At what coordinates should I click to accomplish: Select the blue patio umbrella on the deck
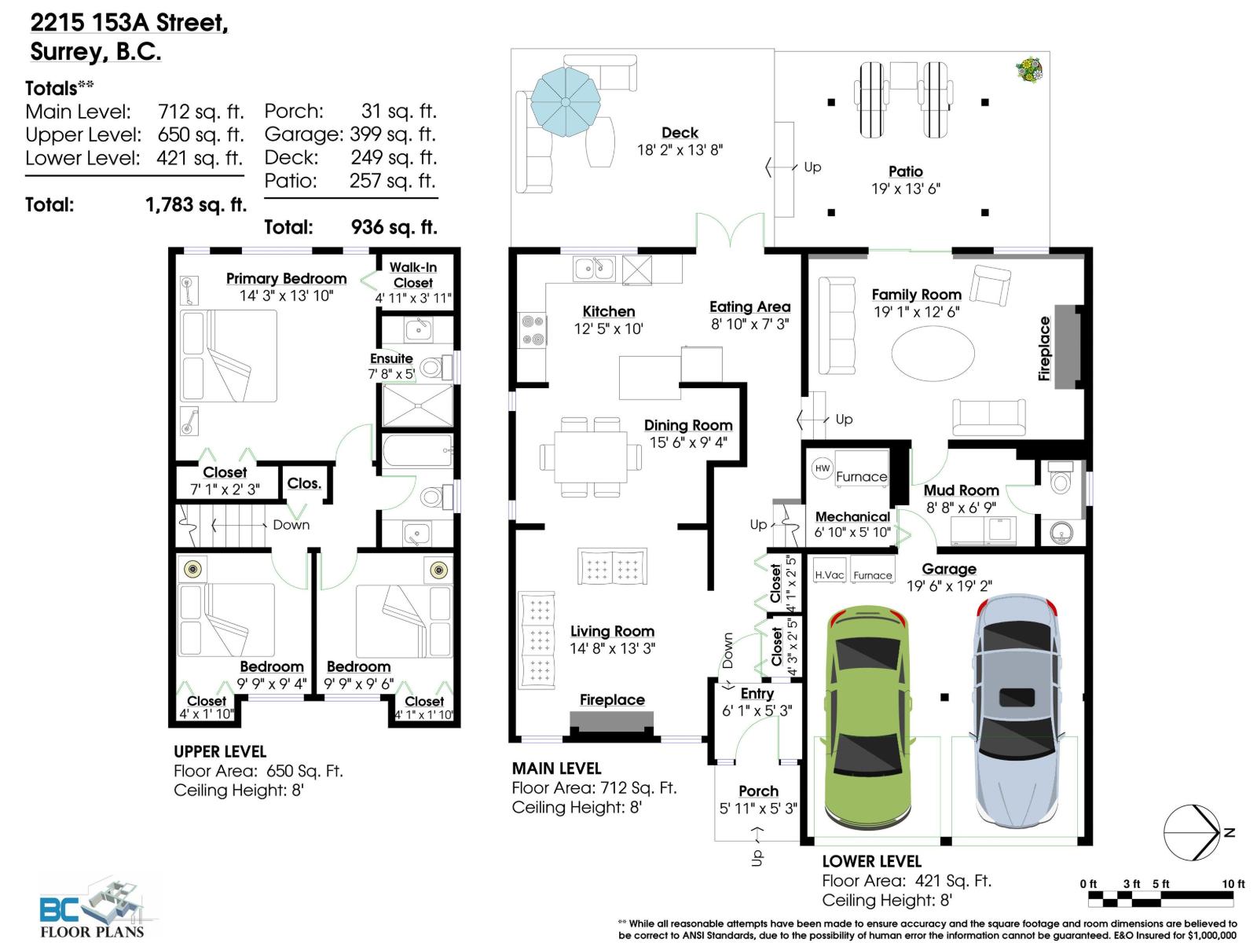565,101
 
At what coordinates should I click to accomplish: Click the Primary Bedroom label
286,279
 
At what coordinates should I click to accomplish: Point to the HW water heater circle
822,468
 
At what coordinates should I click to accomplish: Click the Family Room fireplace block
1067,347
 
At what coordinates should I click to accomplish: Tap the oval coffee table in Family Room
933,354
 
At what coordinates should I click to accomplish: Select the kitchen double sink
594,269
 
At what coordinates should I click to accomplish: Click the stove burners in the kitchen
533,330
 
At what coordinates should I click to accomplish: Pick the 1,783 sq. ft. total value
196,205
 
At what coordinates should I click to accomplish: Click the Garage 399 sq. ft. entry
350,134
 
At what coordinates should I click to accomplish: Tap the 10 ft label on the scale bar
1233,884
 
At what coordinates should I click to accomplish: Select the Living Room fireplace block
611,721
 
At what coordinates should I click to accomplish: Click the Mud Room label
961,491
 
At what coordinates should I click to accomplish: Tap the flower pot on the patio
1029,70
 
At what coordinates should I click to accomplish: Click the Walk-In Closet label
413,275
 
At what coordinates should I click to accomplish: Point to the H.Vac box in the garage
829,574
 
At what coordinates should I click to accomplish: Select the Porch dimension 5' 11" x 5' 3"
758,809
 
